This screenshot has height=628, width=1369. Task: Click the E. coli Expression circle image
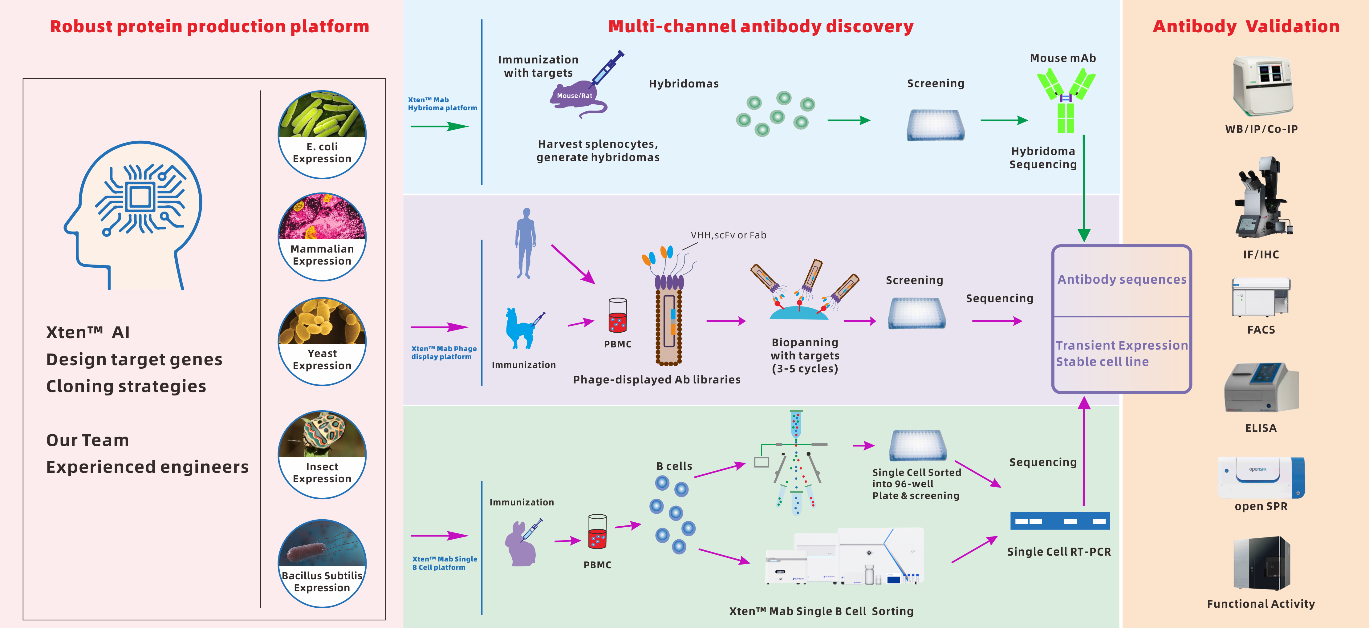point(322,134)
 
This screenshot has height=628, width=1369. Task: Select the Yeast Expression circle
point(322,341)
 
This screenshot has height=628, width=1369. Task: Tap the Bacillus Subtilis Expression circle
point(322,563)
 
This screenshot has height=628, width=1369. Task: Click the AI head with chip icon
point(136,213)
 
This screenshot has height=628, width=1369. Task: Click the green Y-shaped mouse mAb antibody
point(1066,101)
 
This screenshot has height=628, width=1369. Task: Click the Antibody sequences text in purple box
point(1121,279)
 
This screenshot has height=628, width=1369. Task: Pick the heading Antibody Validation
point(1245,26)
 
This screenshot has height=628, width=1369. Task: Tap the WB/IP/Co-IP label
point(1261,129)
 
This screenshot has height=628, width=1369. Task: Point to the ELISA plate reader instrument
point(1261,388)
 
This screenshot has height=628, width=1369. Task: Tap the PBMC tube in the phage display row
point(618,316)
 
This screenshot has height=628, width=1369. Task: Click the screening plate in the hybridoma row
point(935,125)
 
